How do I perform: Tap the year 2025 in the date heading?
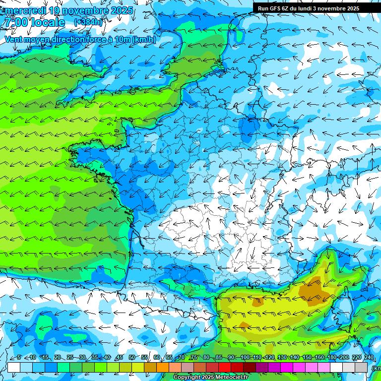coord(121,10)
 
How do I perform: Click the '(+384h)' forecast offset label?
coord(88,22)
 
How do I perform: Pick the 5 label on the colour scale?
coord(18,357)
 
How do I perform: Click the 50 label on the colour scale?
coord(131,357)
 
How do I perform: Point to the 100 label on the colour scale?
coord(245,357)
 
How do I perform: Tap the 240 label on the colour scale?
coord(369,357)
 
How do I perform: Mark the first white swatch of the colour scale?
coord(14,367)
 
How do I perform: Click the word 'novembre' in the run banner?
coord(333,8)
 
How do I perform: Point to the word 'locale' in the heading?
coord(48,23)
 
